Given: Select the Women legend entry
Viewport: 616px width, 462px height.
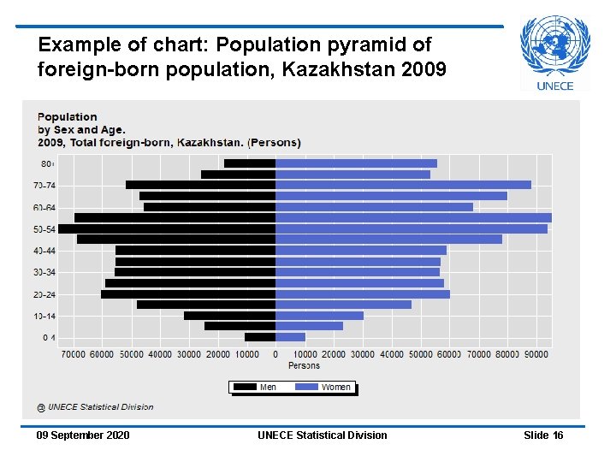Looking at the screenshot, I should [x=323, y=387].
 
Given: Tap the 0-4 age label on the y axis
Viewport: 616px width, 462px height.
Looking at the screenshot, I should [x=50, y=337].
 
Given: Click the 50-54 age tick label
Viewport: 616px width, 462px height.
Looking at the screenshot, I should [x=44, y=228].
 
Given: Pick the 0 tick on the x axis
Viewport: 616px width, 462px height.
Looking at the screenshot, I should [x=275, y=354].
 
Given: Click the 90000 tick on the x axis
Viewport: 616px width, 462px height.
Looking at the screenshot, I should [x=536, y=354].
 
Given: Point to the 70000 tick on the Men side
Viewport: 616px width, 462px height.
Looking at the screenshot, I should [x=73, y=354].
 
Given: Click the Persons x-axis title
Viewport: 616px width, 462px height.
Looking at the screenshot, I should [x=304, y=365].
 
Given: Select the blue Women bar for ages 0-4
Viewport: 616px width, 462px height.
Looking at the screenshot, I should [x=290, y=337].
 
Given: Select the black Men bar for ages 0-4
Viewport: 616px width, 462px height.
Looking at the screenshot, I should [x=260, y=337].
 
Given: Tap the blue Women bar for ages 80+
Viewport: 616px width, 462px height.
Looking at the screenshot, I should [x=356, y=163].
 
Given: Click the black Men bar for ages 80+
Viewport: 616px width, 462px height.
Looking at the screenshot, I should [x=250, y=163].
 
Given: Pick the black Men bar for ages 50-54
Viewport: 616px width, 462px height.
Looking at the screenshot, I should [x=167, y=228].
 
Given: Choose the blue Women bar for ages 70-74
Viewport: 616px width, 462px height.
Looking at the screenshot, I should [x=403, y=185].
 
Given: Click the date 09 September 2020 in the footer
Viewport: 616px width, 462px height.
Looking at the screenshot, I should [x=83, y=435].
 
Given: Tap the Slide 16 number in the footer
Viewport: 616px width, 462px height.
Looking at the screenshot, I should [x=543, y=435].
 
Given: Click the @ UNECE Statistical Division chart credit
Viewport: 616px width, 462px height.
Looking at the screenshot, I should [x=95, y=406].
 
